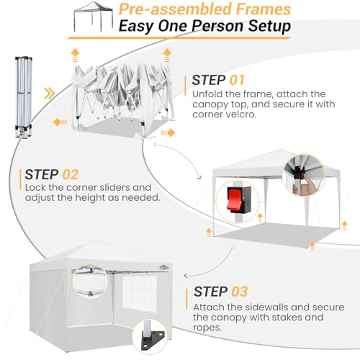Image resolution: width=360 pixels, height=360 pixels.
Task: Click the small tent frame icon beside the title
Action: click(x=93, y=17)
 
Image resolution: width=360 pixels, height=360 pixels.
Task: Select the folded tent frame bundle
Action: click(x=24, y=97)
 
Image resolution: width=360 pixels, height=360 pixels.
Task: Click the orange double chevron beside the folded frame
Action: click(x=50, y=93)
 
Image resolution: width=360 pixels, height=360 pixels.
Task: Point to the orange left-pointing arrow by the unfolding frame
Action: click(x=60, y=122)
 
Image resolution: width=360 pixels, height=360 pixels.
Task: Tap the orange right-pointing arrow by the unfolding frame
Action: click(x=168, y=132)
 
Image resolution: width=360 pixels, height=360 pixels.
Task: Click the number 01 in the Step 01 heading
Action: click(x=237, y=80)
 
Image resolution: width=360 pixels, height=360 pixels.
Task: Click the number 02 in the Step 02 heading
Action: click(x=71, y=174)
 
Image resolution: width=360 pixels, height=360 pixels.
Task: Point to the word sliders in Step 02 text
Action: click(x=114, y=187)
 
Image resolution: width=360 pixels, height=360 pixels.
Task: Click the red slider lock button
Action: click(x=233, y=199)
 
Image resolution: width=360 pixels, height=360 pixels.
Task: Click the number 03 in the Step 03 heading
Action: click(x=240, y=292)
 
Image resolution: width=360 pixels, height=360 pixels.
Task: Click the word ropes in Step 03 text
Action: click(x=207, y=328)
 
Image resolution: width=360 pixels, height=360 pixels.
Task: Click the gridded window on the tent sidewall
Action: click(x=140, y=293)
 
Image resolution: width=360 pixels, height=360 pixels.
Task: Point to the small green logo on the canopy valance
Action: click(x=164, y=267)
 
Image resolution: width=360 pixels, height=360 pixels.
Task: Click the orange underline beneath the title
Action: click(x=179, y=37)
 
